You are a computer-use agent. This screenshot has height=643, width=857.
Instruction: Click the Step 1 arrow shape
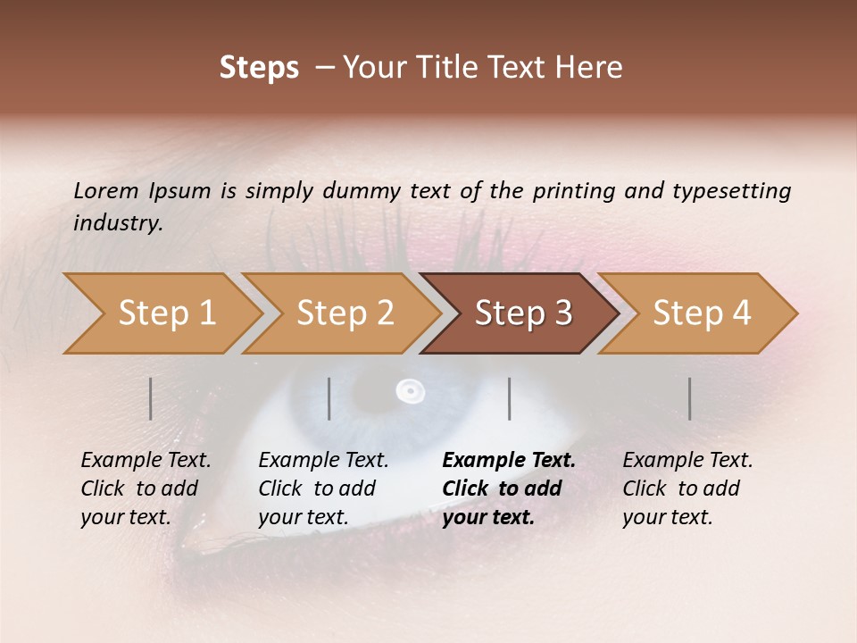161,313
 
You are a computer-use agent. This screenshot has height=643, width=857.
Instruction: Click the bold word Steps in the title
259,68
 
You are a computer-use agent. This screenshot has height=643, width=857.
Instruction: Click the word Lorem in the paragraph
105,190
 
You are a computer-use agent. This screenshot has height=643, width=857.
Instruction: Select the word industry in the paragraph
117,223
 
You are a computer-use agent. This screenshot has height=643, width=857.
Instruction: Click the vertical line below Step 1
151,398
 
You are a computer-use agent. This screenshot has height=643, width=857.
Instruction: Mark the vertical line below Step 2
329,398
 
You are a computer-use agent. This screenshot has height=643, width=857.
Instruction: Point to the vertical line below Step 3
510,398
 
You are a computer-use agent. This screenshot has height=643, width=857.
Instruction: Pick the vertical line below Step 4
690,398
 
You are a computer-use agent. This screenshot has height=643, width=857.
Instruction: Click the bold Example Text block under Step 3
508,489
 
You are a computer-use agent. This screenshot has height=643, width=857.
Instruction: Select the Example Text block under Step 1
145,489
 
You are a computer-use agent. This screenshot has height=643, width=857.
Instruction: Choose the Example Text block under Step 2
322,489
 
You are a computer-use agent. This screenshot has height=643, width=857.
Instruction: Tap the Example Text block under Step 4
686,489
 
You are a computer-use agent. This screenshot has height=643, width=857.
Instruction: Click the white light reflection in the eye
410,390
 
